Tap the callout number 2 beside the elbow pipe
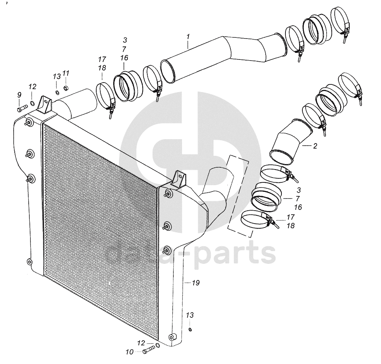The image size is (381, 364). pos(315,146)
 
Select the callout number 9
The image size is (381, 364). pos(19,95)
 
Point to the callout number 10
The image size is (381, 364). pos(129,352)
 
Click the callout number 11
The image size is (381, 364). pos(66,73)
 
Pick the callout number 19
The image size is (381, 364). pos(195,283)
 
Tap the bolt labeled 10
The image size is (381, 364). pos(149,350)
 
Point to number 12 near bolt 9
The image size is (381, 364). pos(33,87)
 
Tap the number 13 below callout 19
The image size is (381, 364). pos(190,315)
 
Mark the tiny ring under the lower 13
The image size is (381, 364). pos(190,329)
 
